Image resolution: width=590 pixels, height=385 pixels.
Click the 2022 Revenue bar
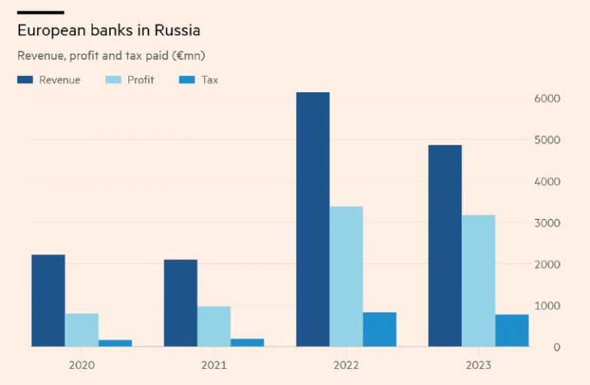[313, 219]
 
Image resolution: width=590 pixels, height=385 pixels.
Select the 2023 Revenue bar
[445, 245]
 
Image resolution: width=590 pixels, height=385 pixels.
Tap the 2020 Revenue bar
[48, 300]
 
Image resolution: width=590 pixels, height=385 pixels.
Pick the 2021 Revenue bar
[181, 303]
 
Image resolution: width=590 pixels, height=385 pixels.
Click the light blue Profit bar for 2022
[346, 276]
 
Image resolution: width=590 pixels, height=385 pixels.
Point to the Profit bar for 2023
[478, 280]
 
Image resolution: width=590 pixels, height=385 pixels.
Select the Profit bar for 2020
[81, 330]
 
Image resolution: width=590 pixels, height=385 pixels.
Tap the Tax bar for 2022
[380, 329]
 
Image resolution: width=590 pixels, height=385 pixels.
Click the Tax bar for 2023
[512, 330]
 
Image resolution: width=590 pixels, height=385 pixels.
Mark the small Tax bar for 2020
[115, 343]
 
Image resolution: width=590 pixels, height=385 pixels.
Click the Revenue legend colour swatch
[25, 80]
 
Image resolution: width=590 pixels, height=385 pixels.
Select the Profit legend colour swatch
[113, 80]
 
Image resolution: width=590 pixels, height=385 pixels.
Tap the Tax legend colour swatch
[187, 80]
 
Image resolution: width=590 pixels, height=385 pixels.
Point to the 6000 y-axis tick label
[546, 99]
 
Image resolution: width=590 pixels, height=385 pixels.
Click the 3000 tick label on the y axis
[546, 223]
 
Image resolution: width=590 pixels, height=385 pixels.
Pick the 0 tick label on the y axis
[557, 347]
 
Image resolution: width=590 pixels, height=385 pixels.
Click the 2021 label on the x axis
[214, 364]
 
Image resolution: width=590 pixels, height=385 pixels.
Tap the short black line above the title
[40, 12]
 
